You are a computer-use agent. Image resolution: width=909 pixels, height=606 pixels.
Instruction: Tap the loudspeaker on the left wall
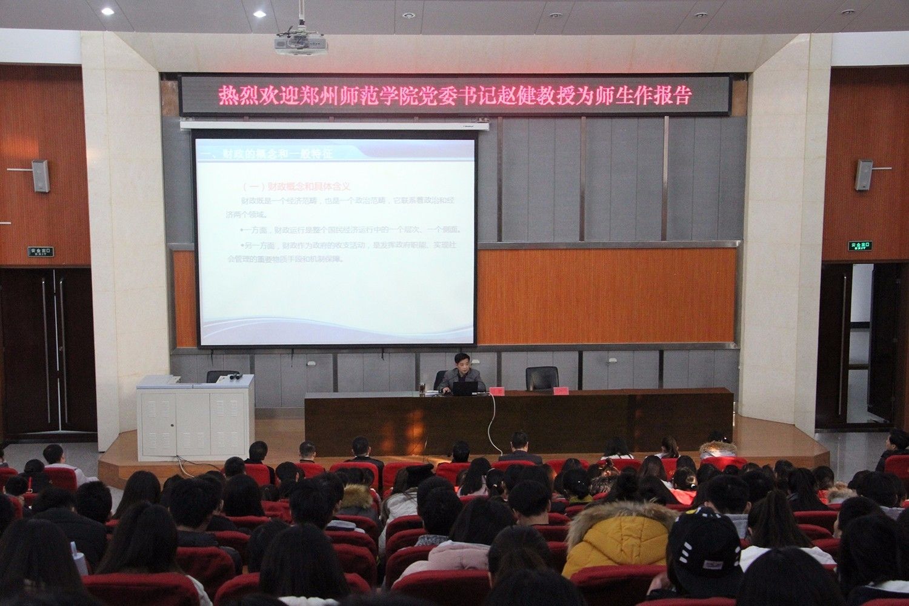tap(40, 176)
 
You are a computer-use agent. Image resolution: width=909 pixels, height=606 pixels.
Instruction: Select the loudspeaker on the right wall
tap(864, 175)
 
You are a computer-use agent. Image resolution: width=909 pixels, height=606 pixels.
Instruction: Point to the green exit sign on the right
tap(859, 246)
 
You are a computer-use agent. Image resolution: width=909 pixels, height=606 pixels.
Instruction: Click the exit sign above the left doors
tap(41, 251)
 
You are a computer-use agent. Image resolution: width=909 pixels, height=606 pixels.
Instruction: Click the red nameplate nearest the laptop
tap(497, 391)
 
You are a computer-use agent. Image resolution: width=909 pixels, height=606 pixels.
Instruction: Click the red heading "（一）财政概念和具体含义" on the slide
tap(296, 187)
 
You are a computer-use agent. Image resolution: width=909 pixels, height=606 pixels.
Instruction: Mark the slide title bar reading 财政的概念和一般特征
tap(273, 155)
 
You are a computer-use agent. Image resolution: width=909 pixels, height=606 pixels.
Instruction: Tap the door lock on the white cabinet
tap(172, 425)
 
